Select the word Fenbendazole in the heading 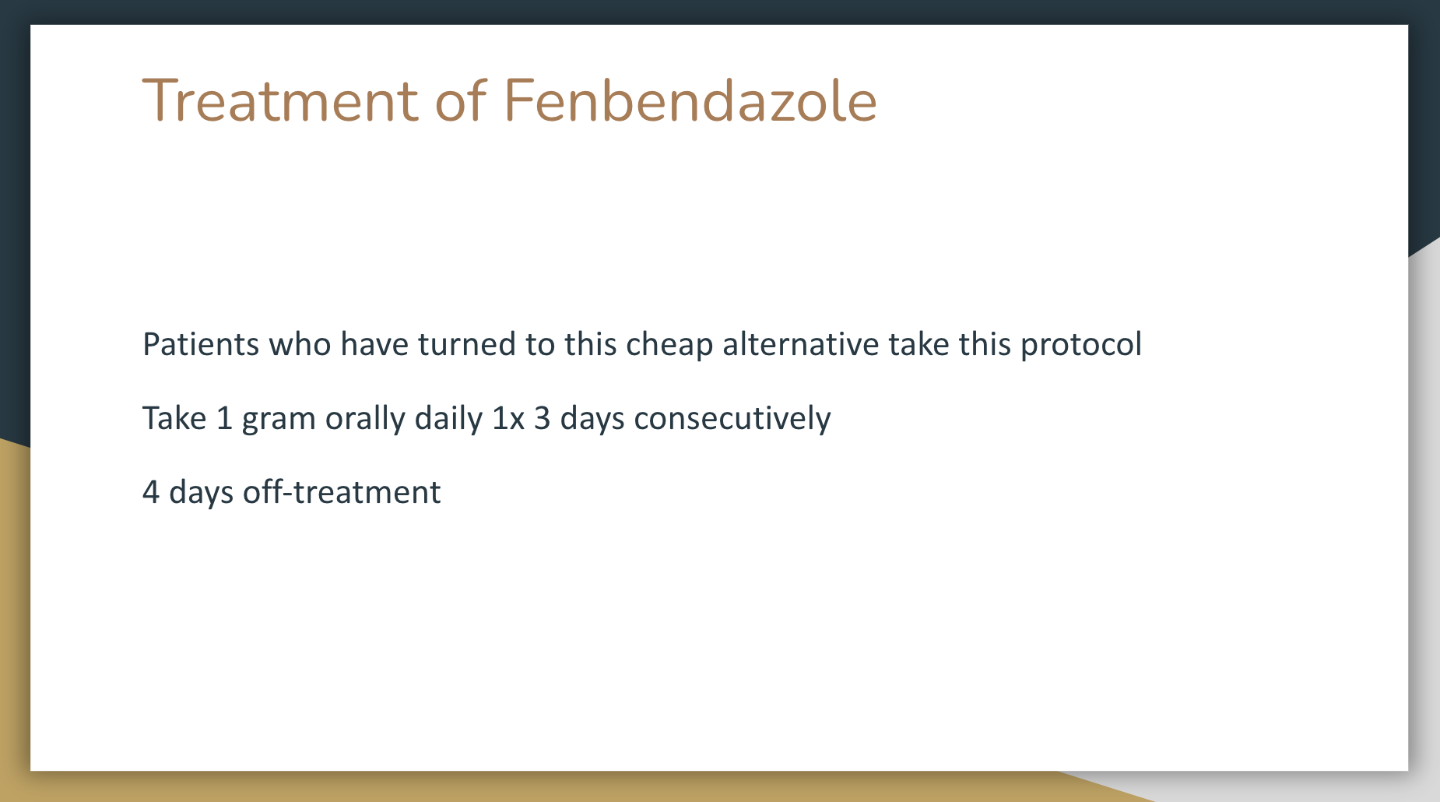(x=691, y=100)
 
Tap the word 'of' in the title (x=461, y=100)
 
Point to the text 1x (x=508, y=418)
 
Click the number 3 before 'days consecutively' (x=542, y=418)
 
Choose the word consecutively (x=732, y=418)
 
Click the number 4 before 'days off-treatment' (x=151, y=492)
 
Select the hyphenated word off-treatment (x=342, y=492)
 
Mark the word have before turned (x=374, y=343)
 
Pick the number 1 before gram (x=224, y=418)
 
